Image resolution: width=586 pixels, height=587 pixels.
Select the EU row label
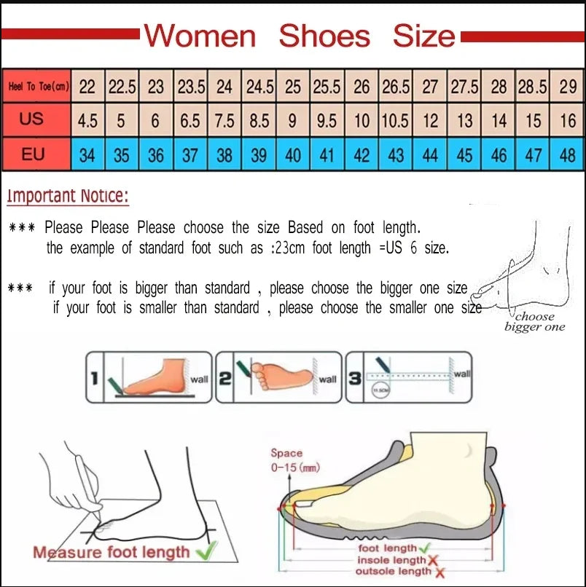tap(33, 154)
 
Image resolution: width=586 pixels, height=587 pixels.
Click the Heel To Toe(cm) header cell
tap(38, 87)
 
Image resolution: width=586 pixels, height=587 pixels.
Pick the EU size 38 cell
tap(224, 154)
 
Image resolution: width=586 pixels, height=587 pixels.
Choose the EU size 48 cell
tap(568, 154)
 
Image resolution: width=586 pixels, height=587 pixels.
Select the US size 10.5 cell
tap(395, 120)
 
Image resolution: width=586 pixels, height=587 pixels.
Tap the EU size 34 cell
tap(87, 154)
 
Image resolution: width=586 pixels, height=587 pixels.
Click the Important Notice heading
tap(68, 195)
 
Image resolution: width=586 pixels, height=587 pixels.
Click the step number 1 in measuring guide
tap(94, 377)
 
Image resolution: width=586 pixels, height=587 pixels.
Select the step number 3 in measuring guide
tap(355, 377)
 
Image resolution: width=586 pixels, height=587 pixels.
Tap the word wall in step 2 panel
tap(327, 379)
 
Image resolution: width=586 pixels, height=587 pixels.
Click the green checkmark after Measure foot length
tap(207, 551)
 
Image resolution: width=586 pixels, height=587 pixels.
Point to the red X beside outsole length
tap(438, 572)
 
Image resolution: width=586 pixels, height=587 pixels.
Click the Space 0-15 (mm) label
tap(294, 460)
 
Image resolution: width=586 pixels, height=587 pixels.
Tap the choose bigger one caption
tap(534, 322)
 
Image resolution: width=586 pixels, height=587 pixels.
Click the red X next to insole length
tap(432, 560)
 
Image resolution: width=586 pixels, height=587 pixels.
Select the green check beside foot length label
tap(424, 548)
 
